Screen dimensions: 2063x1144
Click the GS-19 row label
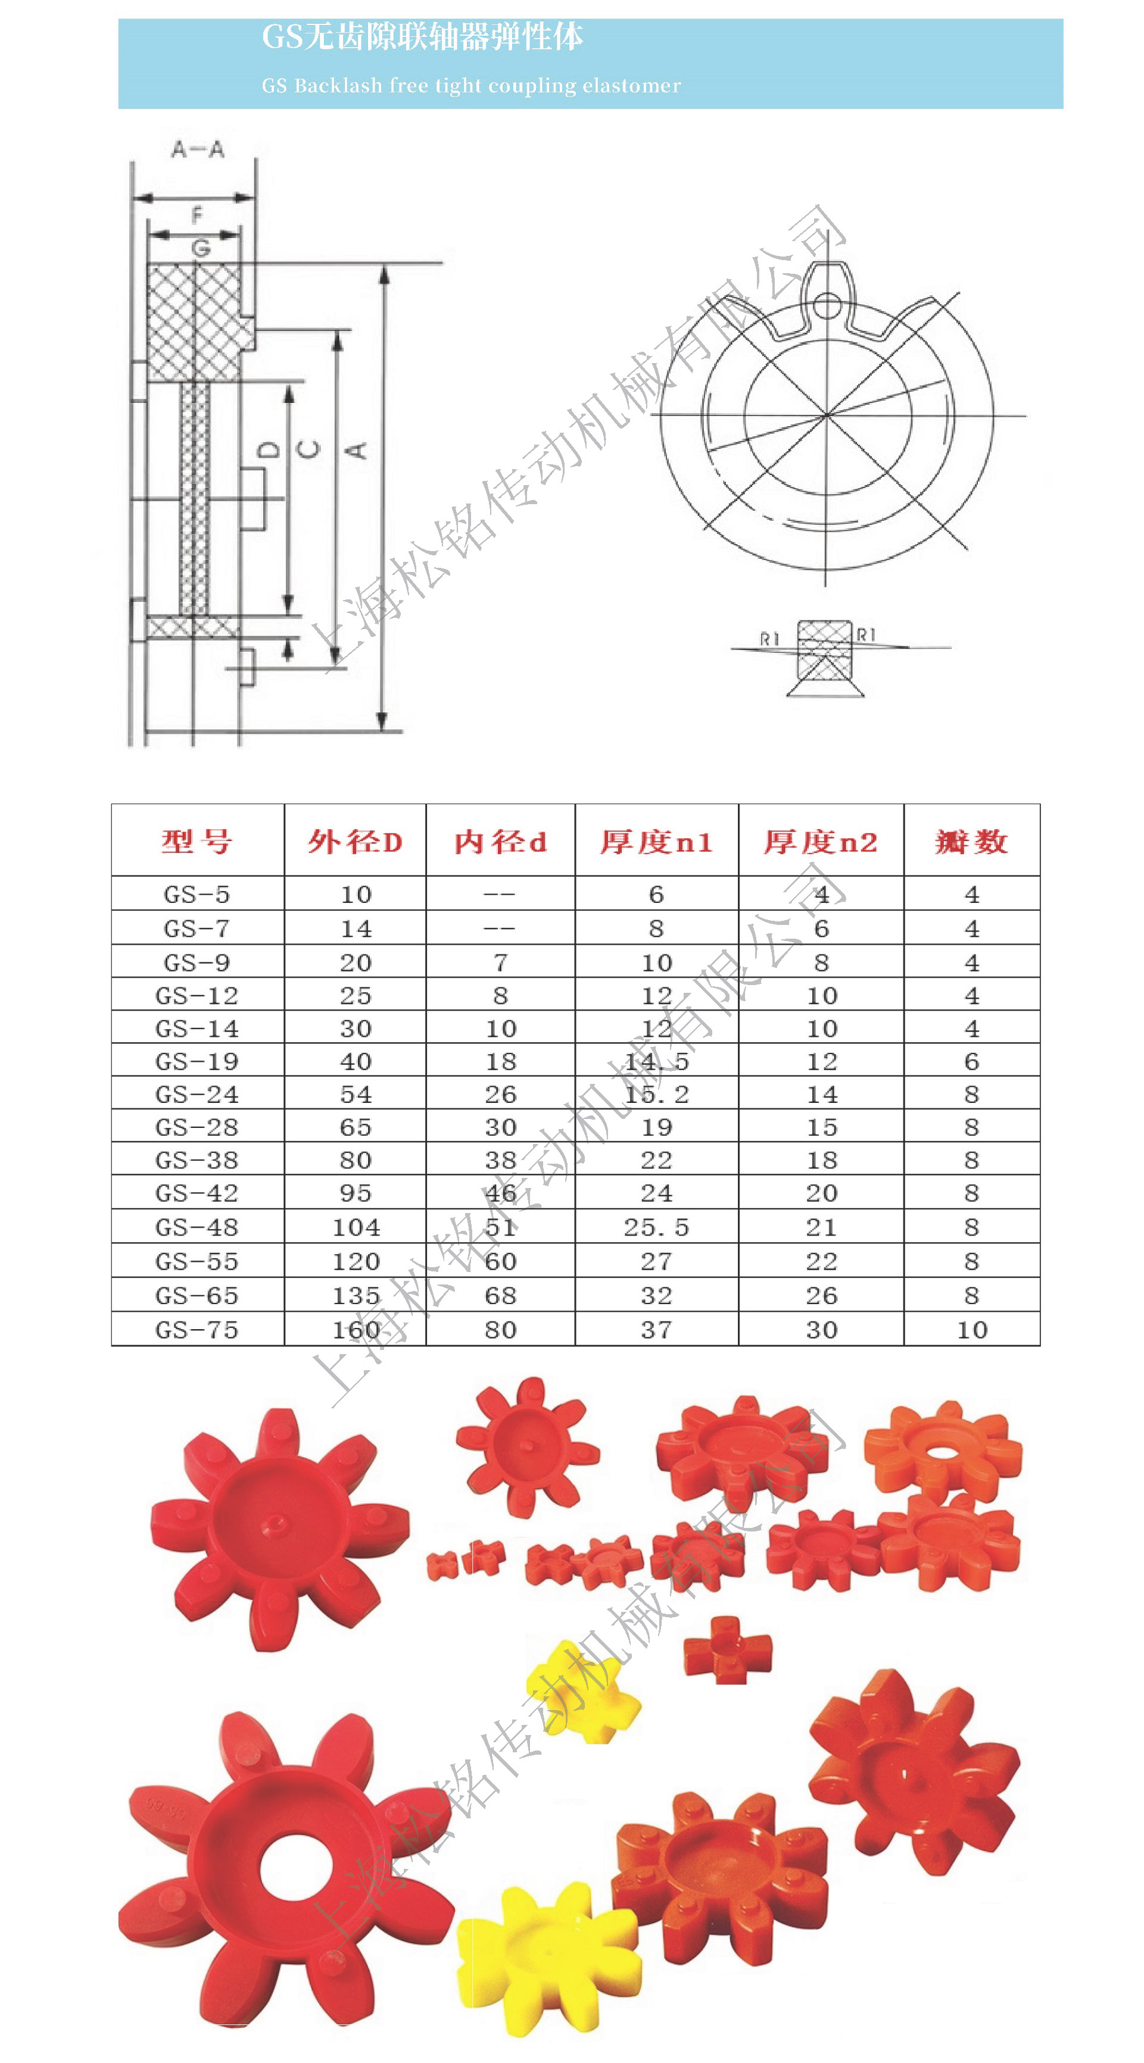[197, 1061]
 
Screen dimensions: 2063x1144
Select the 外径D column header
[355, 841]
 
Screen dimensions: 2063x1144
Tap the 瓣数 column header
[971, 841]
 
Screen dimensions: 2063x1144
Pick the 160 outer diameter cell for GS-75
[356, 1330]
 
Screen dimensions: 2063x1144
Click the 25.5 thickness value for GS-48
[656, 1227]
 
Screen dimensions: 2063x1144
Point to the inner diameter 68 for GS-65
[501, 1295]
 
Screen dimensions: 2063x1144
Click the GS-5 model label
[197, 894]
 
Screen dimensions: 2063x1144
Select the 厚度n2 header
[821, 841]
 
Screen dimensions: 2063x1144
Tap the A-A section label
[198, 149]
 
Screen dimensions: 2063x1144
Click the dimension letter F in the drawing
[197, 214]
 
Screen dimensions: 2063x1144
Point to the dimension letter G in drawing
[201, 248]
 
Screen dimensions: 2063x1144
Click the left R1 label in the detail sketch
[769, 638]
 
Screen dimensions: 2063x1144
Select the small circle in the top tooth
[827, 305]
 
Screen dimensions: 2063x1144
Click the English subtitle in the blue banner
[471, 85]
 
